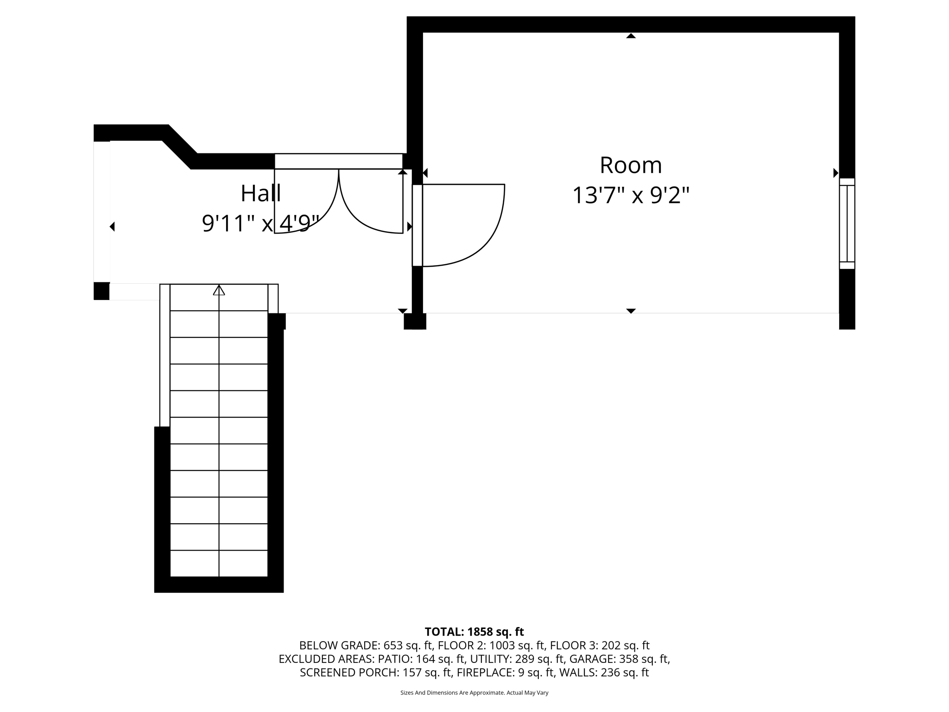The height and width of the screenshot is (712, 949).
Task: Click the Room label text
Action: [631, 165]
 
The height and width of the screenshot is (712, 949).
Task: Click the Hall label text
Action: [260, 193]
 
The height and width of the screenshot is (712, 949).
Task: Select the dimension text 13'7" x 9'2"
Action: [631, 195]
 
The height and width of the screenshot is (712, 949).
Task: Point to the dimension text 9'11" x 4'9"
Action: [260, 223]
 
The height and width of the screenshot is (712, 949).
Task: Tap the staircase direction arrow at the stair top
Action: [219, 291]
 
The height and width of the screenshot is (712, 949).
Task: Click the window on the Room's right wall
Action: [847, 223]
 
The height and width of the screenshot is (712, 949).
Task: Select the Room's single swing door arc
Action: [487, 241]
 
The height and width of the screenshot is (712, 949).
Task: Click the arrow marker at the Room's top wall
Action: [631, 36]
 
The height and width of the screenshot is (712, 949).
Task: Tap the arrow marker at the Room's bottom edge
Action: [631, 311]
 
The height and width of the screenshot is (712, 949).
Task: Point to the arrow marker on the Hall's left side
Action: [112, 227]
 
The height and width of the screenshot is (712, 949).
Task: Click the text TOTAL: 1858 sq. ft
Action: [474, 632]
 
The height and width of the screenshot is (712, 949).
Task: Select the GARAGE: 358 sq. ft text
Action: [619, 659]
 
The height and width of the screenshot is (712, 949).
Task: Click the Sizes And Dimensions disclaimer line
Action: [474, 693]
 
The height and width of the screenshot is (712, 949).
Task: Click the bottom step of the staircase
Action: [219, 564]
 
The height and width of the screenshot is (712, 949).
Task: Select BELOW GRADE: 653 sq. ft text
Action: [366, 645]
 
